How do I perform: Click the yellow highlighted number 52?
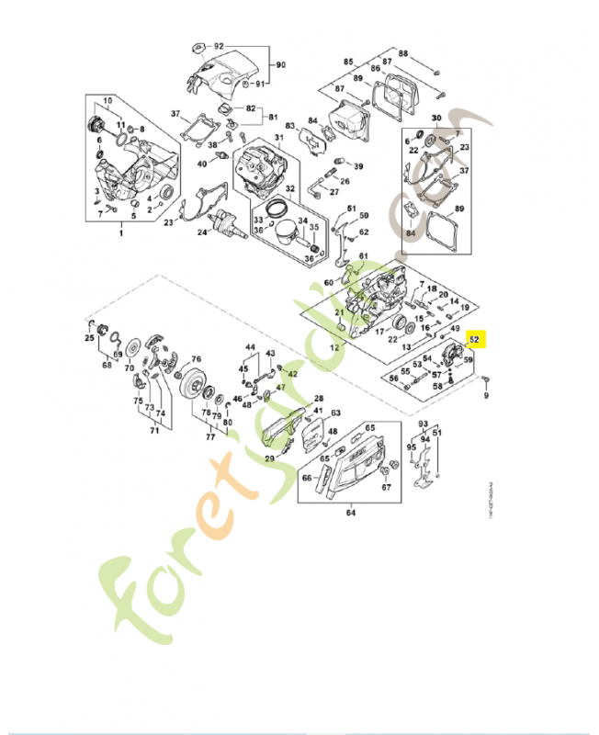[475, 339]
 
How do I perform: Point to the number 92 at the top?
[219, 46]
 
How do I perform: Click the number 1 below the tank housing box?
[120, 234]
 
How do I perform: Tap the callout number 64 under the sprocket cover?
[350, 514]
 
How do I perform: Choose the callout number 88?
[402, 54]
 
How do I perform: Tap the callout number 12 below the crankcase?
[333, 348]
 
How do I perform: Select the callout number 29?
[270, 458]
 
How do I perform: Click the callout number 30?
[436, 118]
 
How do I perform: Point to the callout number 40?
[202, 164]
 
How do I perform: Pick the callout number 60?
[329, 283]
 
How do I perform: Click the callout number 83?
[289, 125]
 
